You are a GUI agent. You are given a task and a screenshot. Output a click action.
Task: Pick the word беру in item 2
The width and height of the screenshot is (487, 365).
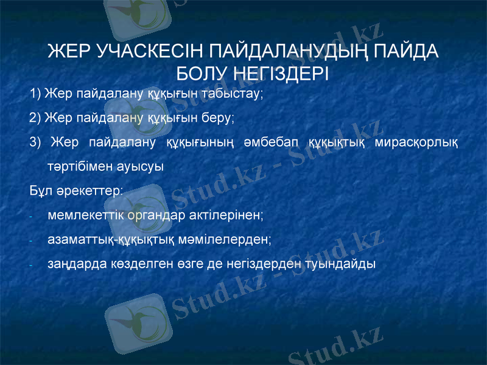coord(219,117)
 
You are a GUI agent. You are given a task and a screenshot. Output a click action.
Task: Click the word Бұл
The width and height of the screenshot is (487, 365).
coord(39,190)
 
